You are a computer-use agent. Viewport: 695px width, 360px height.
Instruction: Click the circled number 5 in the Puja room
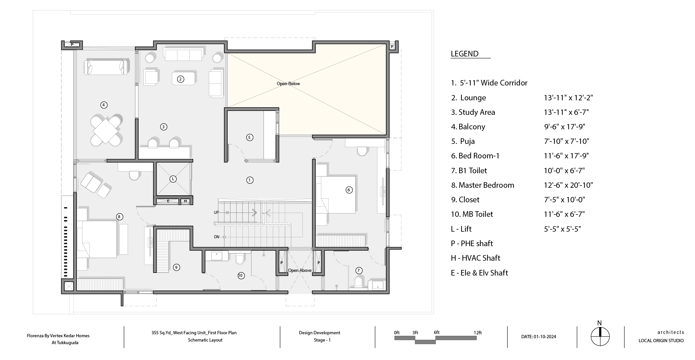point(250,137)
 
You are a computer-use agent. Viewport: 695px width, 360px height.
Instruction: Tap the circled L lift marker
point(173,179)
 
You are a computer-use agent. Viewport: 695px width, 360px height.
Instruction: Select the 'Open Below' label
point(288,83)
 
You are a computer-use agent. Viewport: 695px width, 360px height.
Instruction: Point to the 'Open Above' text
point(300,271)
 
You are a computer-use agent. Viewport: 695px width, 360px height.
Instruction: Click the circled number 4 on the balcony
point(104,105)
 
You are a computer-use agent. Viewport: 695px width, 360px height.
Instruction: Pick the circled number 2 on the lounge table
point(180,79)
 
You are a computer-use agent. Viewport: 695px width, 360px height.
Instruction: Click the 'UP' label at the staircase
point(216,213)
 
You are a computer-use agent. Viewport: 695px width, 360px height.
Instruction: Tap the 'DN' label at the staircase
point(217,237)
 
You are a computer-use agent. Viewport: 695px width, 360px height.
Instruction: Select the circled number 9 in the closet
point(176,267)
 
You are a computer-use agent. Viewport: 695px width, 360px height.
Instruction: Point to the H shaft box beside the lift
point(185,201)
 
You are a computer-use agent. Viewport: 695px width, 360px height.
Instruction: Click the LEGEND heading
point(464,54)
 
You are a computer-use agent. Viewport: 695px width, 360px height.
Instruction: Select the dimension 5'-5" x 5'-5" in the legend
point(562,229)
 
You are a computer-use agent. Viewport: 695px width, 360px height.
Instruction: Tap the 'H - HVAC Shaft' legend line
point(475,258)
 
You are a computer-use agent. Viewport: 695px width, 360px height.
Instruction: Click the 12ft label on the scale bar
point(478,333)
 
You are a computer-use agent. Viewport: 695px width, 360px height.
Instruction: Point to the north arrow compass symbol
point(600,337)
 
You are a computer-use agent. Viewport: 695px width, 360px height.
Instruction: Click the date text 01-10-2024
point(545,337)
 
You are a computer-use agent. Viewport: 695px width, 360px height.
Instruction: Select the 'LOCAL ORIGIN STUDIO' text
point(661,341)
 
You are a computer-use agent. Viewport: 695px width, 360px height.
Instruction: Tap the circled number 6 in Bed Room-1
point(349,190)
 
